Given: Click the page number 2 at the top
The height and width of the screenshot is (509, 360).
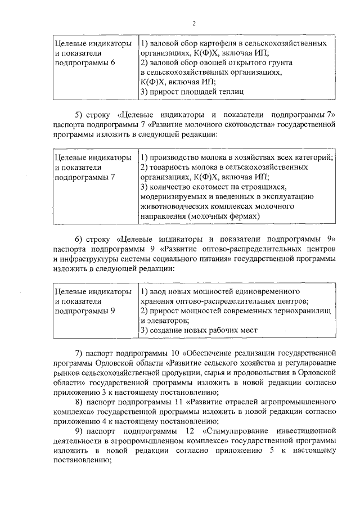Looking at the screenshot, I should click(194, 23).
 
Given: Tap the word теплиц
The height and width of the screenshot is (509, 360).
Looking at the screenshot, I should click(231, 91).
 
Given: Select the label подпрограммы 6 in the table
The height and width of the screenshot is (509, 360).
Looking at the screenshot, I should click(85, 62).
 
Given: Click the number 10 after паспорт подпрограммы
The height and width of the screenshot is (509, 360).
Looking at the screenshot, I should click(153, 353).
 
